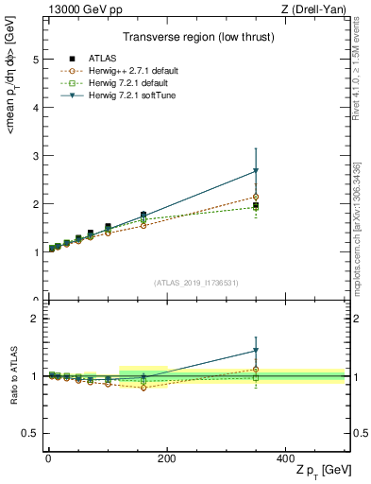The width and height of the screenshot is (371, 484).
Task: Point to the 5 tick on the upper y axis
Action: pos(36,59)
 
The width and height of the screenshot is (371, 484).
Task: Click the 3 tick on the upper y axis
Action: pos(36,155)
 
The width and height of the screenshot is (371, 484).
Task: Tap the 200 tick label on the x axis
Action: pos(166,457)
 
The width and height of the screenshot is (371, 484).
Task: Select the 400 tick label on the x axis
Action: pos(285,457)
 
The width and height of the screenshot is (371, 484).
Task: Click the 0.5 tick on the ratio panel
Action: pos(31,433)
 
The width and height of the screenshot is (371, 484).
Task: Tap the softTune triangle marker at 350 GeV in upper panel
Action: pos(256,171)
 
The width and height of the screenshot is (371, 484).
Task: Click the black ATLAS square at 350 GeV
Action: pos(256,205)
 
